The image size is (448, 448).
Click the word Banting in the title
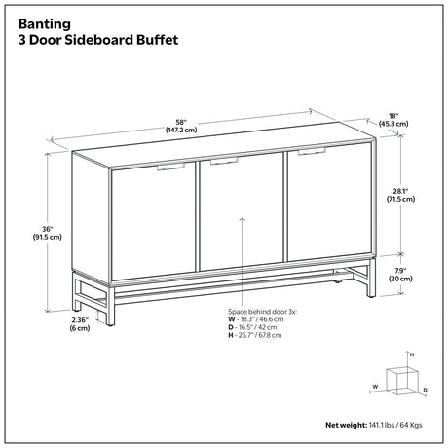45,24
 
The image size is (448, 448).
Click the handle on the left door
170,167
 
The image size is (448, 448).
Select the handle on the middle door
224,161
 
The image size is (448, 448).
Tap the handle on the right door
312,151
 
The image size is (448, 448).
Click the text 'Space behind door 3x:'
262,312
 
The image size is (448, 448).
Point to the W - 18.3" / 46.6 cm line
256,319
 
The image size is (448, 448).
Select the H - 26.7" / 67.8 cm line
255,335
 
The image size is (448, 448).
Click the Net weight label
347,425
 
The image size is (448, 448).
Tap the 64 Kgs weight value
412,425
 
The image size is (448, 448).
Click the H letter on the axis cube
412,355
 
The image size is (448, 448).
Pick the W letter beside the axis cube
375,387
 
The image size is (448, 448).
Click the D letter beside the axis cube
426,390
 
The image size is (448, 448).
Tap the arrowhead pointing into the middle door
243,219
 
